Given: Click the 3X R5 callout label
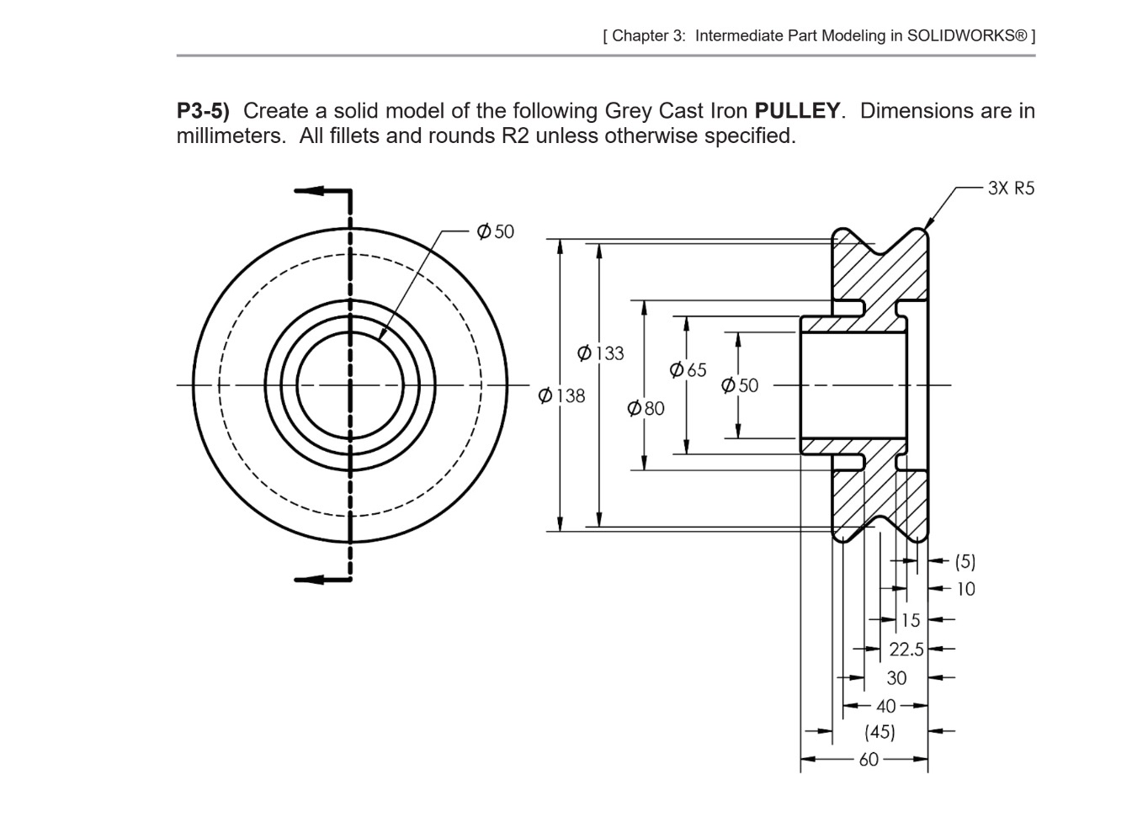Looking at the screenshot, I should click(x=1011, y=188).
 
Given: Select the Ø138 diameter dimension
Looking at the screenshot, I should click(x=561, y=395).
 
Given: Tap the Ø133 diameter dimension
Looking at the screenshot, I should click(x=601, y=353).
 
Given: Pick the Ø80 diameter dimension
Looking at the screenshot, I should click(x=646, y=409).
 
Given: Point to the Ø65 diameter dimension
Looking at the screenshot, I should click(x=688, y=370).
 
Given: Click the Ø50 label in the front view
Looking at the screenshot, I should click(x=495, y=231).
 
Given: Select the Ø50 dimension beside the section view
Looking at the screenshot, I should click(x=740, y=386).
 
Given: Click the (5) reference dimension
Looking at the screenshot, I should click(x=965, y=561).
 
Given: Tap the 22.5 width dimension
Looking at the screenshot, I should click(x=906, y=650).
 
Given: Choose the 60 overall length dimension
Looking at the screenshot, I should click(x=869, y=760).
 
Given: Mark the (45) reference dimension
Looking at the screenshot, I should click(x=880, y=732).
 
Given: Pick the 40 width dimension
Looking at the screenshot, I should click(x=885, y=706).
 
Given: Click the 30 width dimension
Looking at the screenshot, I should click(x=896, y=678).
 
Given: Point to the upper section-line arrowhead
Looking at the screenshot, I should click(x=308, y=191).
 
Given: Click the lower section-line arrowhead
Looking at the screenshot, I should click(x=308, y=579).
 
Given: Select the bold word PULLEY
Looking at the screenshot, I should click(x=797, y=111).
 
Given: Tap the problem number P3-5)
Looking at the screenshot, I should click(x=203, y=111).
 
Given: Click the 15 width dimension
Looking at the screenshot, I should click(x=911, y=621).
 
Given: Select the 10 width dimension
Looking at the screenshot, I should click(x=965, y=589).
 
